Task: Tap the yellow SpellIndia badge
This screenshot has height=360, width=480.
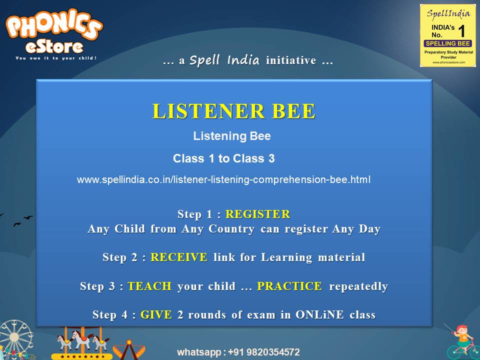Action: click(x=448, y=35)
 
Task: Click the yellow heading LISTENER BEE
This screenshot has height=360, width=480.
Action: click(x=233, y=111)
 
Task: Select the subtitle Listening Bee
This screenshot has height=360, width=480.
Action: click(x=232, y=136)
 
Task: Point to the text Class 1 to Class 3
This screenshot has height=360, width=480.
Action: click(x=223, y=158)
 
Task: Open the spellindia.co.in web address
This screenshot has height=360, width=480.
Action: click(x=223, y=179)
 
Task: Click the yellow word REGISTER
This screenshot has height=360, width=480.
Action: click(x=257, y=214)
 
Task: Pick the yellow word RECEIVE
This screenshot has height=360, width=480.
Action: click(x=178, y=257)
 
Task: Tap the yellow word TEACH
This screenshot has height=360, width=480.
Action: click(x=149, y=286)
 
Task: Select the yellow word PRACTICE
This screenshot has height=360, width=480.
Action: click(x=289, y=286)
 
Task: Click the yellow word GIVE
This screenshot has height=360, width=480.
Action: click(x=156, y=315)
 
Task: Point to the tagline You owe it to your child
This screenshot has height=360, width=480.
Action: click(x=55, y=58)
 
